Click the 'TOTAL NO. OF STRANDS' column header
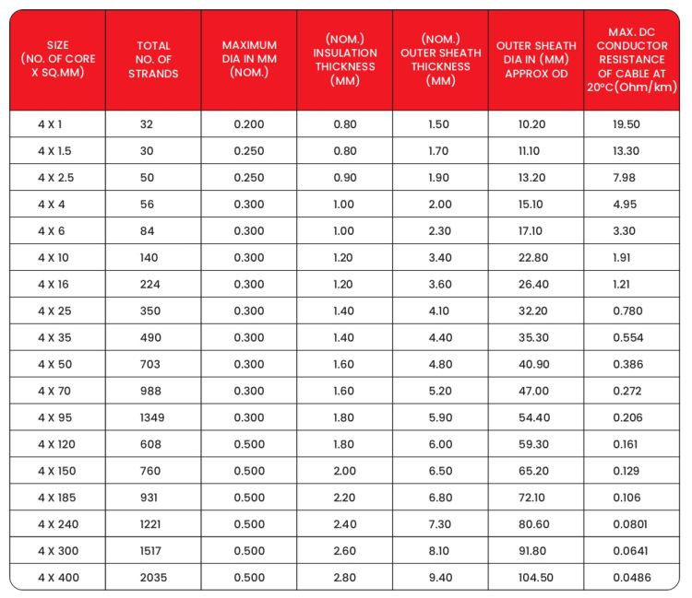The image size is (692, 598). (153, 59)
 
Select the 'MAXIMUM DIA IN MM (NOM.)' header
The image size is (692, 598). (249, 59)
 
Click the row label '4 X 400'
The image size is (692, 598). (56, 578)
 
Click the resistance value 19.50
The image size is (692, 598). (626, 123)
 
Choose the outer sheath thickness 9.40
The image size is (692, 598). (439, 578)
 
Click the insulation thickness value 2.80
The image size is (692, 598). (343, 578)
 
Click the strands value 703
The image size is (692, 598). (149, 364)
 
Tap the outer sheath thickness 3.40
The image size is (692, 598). (439, 257)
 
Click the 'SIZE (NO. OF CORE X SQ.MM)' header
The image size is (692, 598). (57, 59)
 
